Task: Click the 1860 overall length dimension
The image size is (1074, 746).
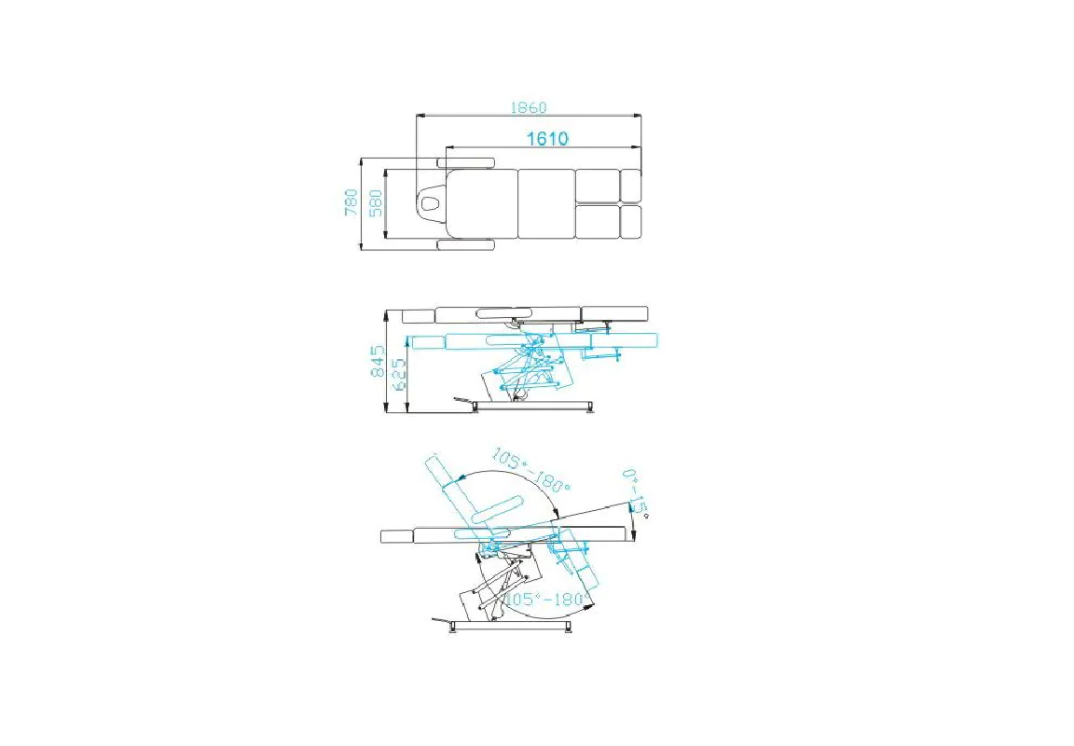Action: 528,107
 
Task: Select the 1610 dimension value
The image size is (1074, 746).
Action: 546,138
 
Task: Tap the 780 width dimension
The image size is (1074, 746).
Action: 351,202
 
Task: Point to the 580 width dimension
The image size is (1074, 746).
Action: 376,203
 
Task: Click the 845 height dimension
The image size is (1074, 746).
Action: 378,362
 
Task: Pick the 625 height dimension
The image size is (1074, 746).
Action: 399,374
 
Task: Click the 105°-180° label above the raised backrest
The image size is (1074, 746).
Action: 530,470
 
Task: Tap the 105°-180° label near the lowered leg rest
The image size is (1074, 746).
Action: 546,599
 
